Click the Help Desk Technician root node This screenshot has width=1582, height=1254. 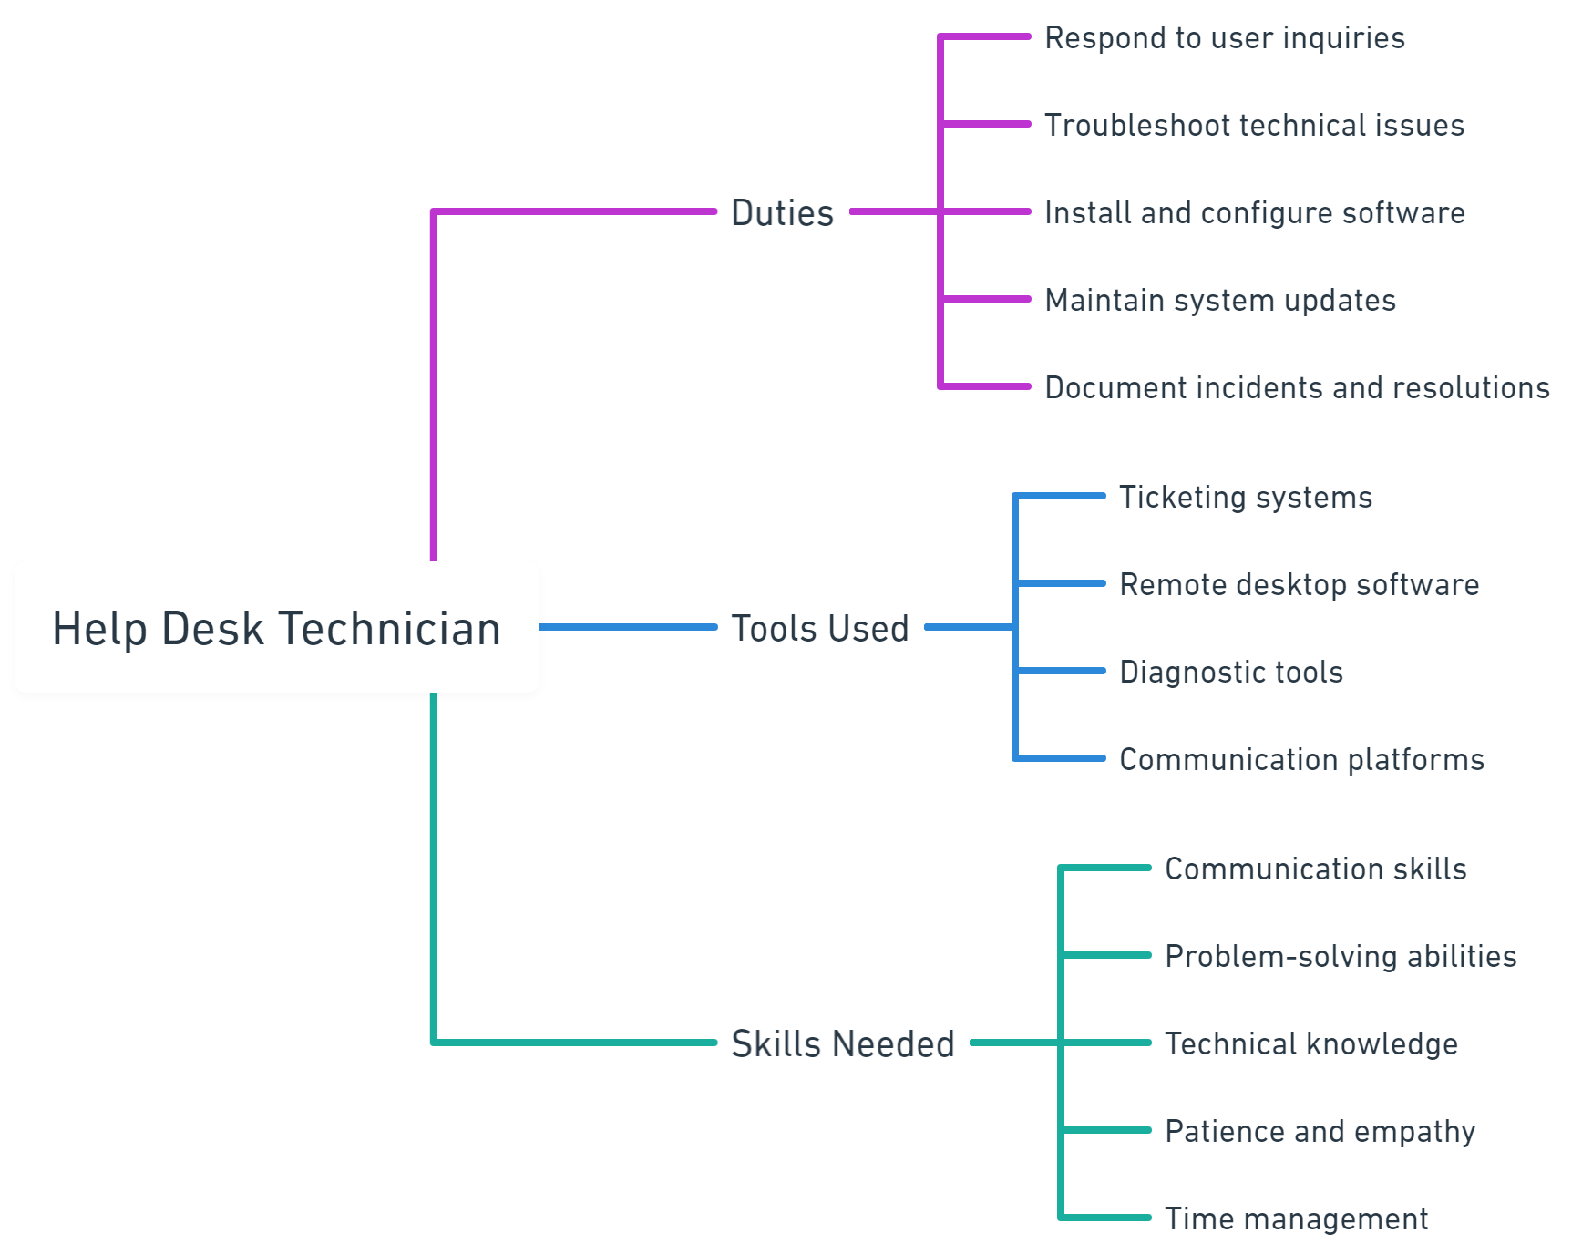tap(277, 628)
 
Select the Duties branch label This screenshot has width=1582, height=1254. tap(783, 212)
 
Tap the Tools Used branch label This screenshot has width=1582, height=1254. tap(820, 628)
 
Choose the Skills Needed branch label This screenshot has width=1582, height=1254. tap(843, 1043)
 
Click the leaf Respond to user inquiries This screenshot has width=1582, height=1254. tap(1225, 38)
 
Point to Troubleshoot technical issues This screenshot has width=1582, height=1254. tap(1255, 125)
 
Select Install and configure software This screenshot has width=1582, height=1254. tap(1255, 213)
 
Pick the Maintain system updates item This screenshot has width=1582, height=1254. tap(1220, 301)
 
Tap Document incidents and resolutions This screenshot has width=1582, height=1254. tap(1298, 387)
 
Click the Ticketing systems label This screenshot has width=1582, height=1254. tap(1246, 498)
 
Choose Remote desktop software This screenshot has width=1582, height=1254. tap(1299, 585)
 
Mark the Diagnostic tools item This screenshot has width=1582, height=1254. tap(1231, 673)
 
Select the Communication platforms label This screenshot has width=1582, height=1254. tap(1302, 760)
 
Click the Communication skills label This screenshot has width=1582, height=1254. tap(1316, 869)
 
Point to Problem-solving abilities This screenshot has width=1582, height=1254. tap(1341, 957)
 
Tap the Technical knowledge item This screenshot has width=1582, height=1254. tap(1311, 1044)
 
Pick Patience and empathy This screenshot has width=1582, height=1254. tap(1320, 1132)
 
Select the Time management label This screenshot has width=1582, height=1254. tap(1297, 1219)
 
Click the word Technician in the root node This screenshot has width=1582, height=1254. tap(389, 628)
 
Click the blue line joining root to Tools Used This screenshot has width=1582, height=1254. tap(628, 627)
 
